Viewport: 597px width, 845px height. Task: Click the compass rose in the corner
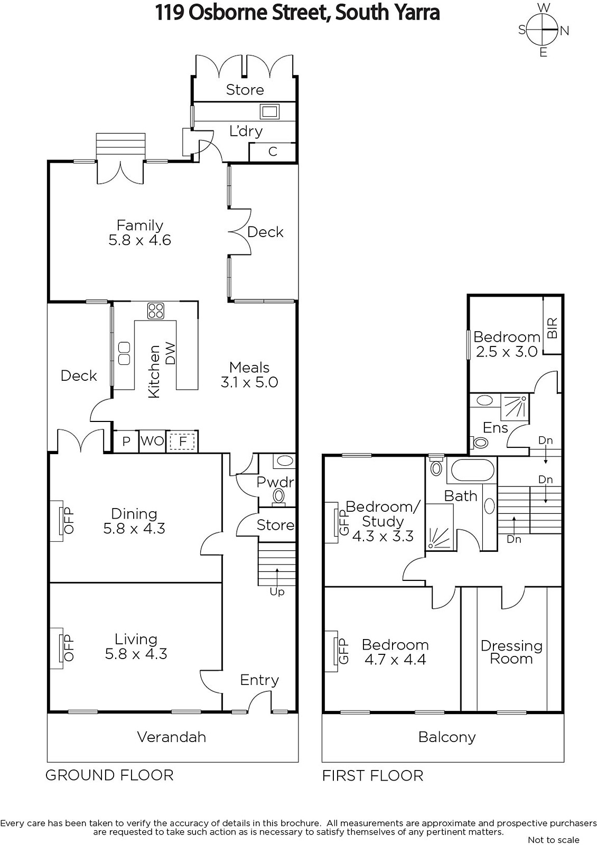click(542, 30)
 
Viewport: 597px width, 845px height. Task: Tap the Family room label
click(139, 225)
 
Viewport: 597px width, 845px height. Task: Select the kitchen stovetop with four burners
click(155, 311)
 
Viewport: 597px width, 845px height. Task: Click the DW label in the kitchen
click(171, 353)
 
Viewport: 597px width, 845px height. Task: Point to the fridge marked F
click(183, 441)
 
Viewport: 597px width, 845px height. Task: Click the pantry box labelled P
click(126, 441)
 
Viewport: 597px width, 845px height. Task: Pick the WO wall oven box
click(153, 441)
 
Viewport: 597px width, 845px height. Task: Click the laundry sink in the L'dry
click(269, 111)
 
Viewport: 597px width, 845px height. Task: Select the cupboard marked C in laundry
click(272, 152)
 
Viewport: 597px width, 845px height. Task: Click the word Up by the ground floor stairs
click(277, 592)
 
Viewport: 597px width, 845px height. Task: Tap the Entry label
click(259, 680)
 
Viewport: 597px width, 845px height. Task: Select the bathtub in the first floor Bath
click(472, 470)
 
